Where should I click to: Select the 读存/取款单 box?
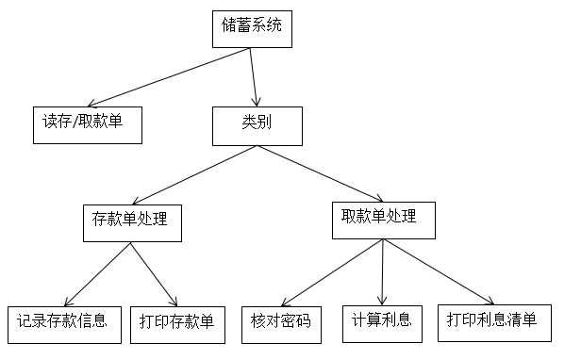(x=88, y=123)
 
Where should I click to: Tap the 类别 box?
(x=256, y=125)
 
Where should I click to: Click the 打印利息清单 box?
(x=492, y=321)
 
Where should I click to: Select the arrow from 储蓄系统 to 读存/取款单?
(x=160, y=77)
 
